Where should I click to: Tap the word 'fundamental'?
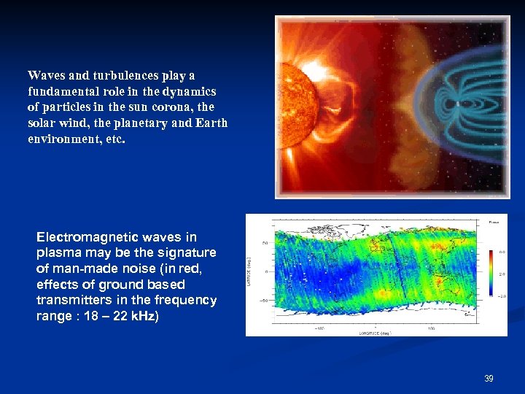[x=62, y=91]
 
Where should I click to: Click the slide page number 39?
[x=489, y=379]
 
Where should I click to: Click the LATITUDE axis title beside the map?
[x=250, y=271]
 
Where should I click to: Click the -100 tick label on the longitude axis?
[x=319, y=328]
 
